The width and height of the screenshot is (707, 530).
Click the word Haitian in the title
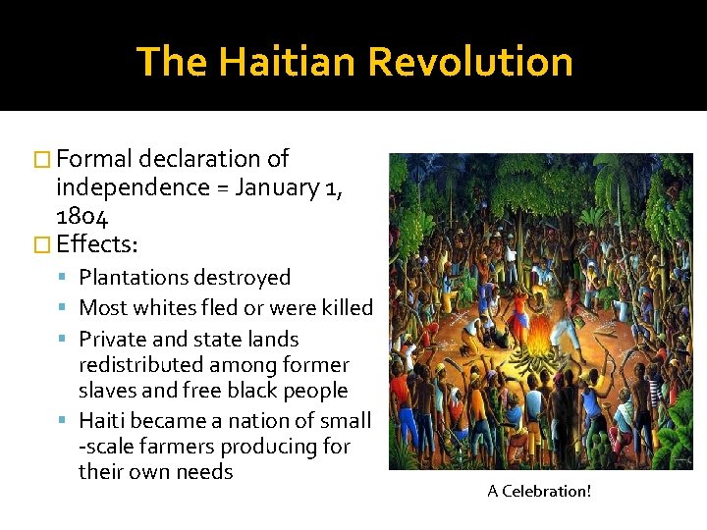pyautogui.click(x=289, y=61)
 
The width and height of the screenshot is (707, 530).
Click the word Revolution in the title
pyautogui.click(x=470, y=61)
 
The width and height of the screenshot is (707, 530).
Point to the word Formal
pyautogui.click(x=95, y=158)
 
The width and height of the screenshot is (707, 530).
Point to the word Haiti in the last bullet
pyautogui.click(x=103, y=421)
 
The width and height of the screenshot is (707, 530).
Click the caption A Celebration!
pyautogui.click(x=539, y=491)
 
